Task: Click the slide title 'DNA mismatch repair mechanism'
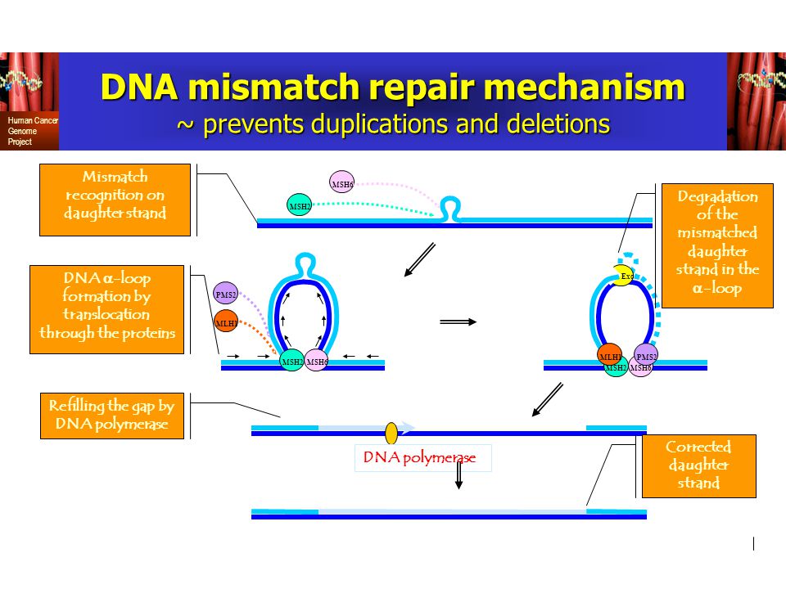(392, 88)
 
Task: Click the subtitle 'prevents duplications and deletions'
(394, 124)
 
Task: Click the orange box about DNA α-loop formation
(106, 309)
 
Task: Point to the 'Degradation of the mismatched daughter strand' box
(716, 245)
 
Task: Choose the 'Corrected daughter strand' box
(698, 465)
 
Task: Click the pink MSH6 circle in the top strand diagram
(341, 182)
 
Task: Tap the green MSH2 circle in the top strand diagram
(300, 205)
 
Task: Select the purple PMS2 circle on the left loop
(225, 294)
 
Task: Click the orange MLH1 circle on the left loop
(226, 322)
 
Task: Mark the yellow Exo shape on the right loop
(625, 276)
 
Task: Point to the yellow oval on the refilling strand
(391, 432)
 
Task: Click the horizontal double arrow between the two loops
(458, 321)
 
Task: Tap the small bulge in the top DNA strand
(448, 209)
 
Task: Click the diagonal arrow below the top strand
(420, 260)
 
